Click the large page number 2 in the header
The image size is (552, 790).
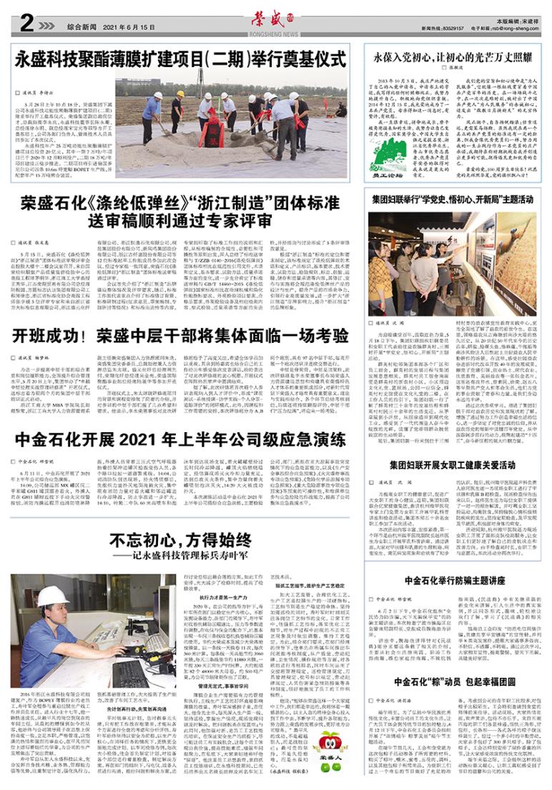tap(25, 24)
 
